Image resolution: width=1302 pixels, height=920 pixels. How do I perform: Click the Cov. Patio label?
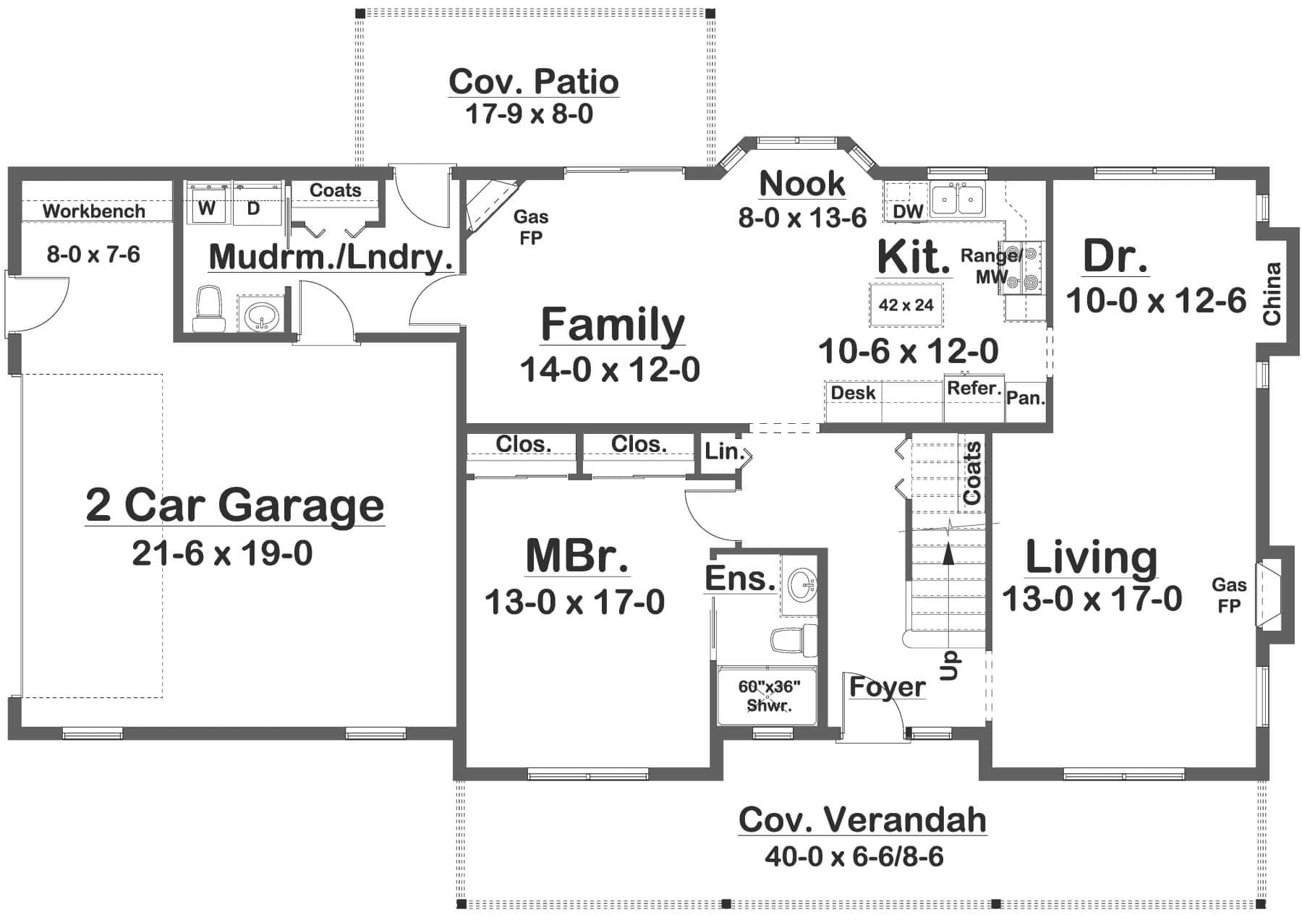533,82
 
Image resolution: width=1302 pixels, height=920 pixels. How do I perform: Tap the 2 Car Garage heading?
234,505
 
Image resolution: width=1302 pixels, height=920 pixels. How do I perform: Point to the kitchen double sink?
957,200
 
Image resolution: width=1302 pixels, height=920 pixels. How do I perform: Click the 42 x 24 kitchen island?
906,304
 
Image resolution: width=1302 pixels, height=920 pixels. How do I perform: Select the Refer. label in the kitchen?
974,388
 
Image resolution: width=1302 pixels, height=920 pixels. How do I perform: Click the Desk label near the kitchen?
853,393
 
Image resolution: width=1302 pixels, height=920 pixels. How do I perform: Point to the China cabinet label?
1272,294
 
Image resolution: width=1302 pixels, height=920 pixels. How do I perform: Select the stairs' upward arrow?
948,553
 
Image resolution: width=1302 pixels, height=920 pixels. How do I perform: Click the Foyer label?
887,687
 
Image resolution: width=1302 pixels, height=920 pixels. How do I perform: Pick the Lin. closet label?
724,452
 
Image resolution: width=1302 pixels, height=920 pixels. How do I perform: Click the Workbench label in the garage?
94,211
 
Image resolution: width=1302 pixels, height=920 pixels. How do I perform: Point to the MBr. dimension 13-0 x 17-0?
574,602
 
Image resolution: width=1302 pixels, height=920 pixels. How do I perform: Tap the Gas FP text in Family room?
531,227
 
